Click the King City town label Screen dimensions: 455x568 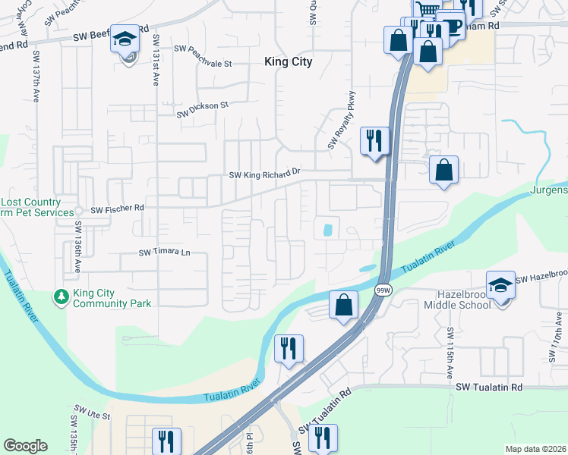tap(288, 62)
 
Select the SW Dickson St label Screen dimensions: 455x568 tap(203, 109)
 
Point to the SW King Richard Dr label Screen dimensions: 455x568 tap(265, 174)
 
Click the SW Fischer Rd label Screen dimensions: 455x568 tap(117, 209)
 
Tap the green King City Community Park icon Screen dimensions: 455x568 tap(61, 297)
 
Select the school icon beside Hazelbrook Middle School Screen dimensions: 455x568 tap(500, 286)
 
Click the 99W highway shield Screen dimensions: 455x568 tap(384, 290)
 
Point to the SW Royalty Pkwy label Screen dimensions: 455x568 tap(341, 122)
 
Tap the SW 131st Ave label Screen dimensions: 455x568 tap(156, 60)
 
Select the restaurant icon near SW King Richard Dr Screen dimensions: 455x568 tap(374, 140)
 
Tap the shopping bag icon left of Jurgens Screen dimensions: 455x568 tap(443, 169)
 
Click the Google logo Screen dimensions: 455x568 tap(25, 446)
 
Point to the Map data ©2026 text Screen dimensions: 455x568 tap(535, 449)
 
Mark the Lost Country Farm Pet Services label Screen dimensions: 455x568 tap(30, 209)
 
